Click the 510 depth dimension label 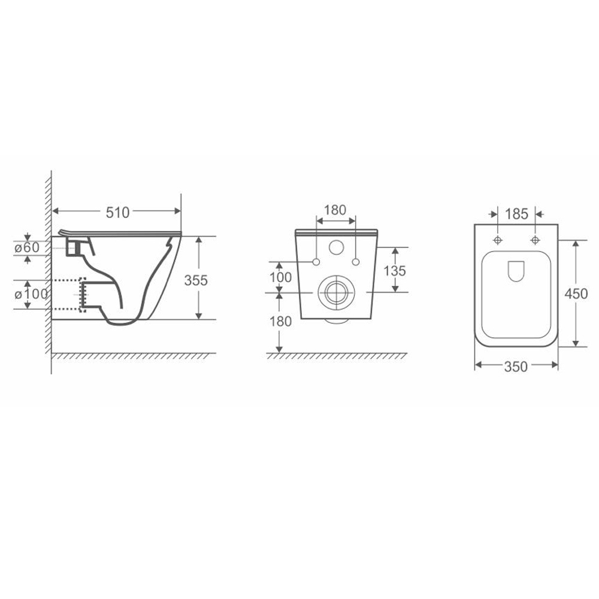click(117, 213)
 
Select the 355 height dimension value click(196, 280)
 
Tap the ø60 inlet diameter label click(27, 247)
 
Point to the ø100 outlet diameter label click(31, 294)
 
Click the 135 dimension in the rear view click(395, 271)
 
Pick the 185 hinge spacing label click(516, 214)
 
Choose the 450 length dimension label click(576, 294)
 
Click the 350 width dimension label click(516, 367)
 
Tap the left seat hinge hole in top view click(497, 240)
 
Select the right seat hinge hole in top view click(535, 240)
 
